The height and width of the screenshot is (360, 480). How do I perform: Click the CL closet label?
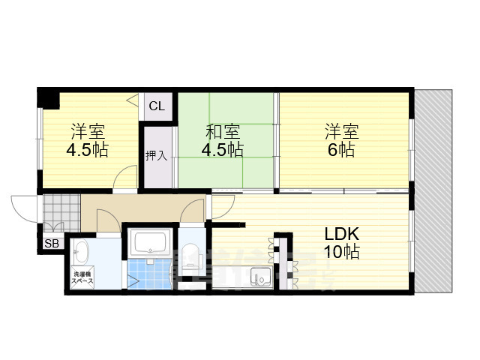pos(157,106)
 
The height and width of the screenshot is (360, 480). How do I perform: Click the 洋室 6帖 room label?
pos(342,140)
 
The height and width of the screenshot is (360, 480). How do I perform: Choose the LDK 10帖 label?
pos(341,242)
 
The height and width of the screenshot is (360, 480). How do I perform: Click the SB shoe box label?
pos(52,244)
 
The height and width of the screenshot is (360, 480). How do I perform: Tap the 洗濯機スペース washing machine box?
pos(82,276)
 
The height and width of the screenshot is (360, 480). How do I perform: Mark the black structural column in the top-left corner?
pos(48,98)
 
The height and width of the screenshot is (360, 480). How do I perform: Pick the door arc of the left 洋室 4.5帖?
pos(127,179)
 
